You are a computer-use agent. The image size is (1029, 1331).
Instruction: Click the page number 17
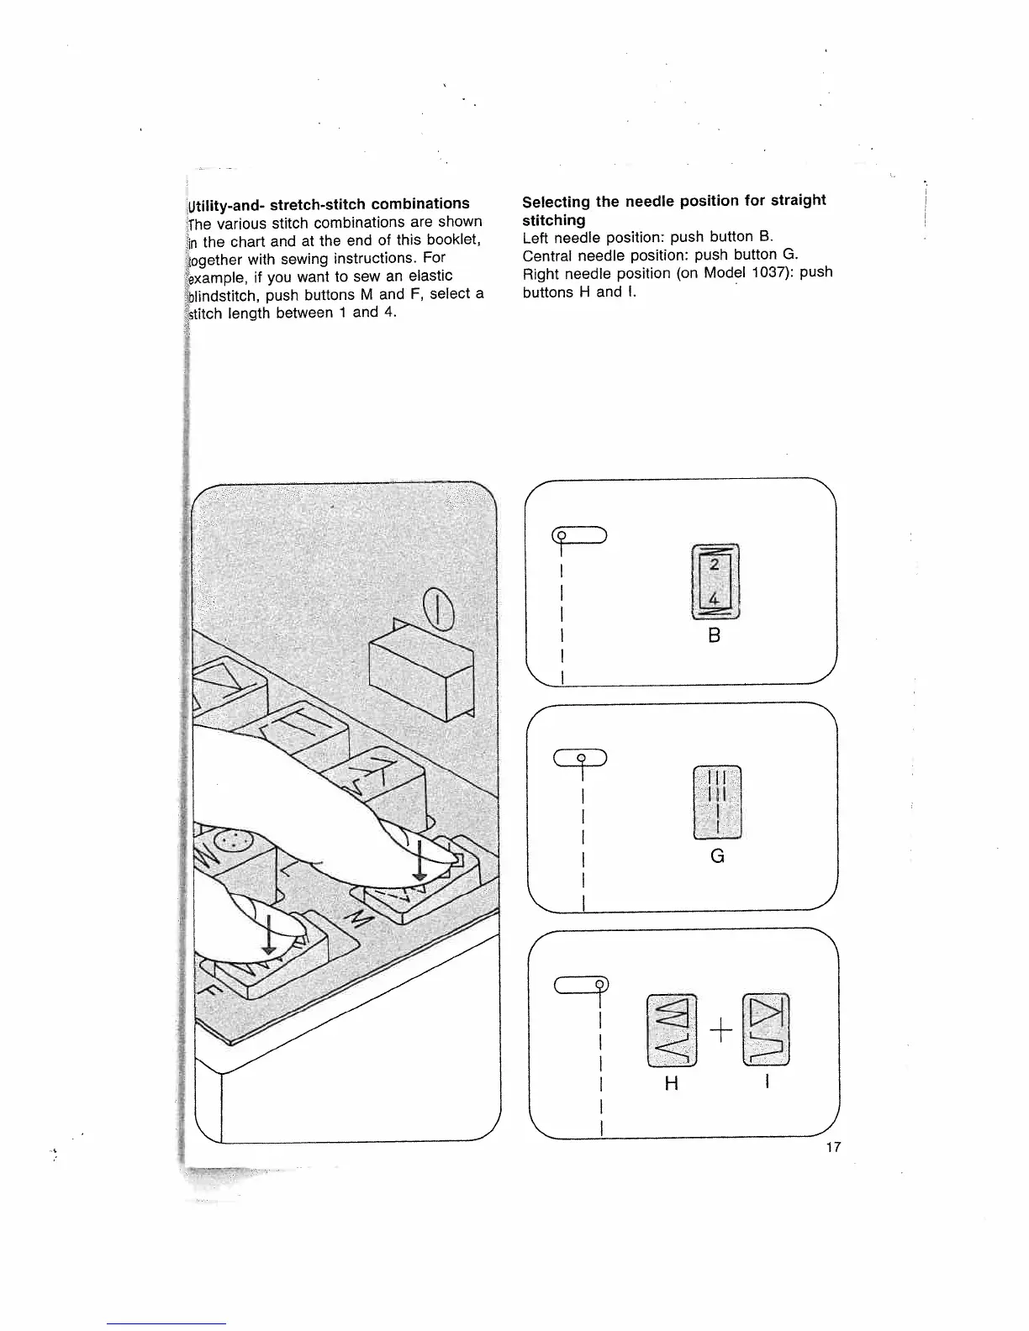[833, 1148]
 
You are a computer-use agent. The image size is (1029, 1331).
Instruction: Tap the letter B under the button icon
[715, 636]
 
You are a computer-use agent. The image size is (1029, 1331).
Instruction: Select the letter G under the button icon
[717, 856]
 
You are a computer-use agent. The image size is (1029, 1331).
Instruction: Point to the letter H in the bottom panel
[671, 1084]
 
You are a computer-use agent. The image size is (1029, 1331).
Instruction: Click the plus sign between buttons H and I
[720, 1029]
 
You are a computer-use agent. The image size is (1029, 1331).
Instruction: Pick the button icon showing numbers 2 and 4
[714, 581]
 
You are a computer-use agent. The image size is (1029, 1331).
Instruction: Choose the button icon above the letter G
[717, 802]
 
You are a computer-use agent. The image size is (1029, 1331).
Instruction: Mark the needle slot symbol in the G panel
[580, 757]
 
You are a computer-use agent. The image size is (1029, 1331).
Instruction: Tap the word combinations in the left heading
[420, 204]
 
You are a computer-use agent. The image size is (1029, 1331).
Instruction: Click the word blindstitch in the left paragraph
[222, 295]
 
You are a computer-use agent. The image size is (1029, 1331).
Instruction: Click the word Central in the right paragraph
[547, 255]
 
